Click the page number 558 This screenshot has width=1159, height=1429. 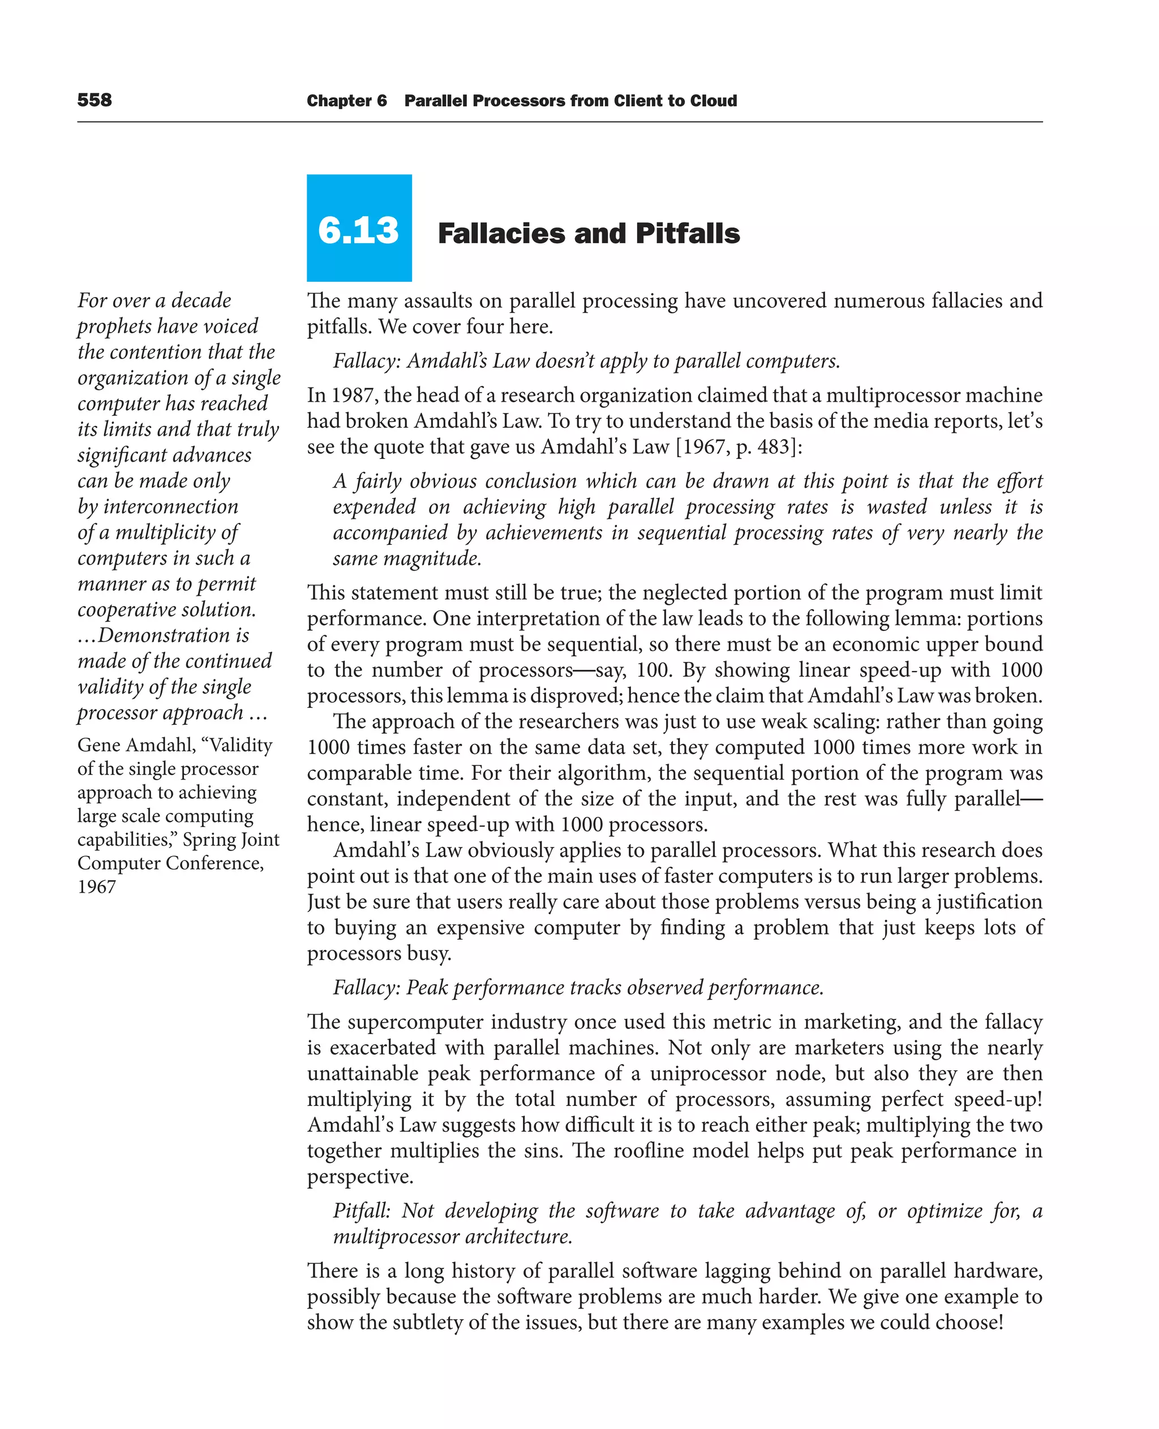pyautogui.click(x=94, y=100)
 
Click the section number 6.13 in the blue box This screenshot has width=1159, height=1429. pyautogui.click(x=359, y=230)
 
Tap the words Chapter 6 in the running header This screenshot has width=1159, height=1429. pyautogui.click(x=346, y=101)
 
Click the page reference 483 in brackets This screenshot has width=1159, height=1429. pyautogui.click(x=773, y=446)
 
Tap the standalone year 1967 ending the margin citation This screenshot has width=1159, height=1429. pyautogui.click(x=96, y=887)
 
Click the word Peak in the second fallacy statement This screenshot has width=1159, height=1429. pyautogui.click(x=427, y=988)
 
